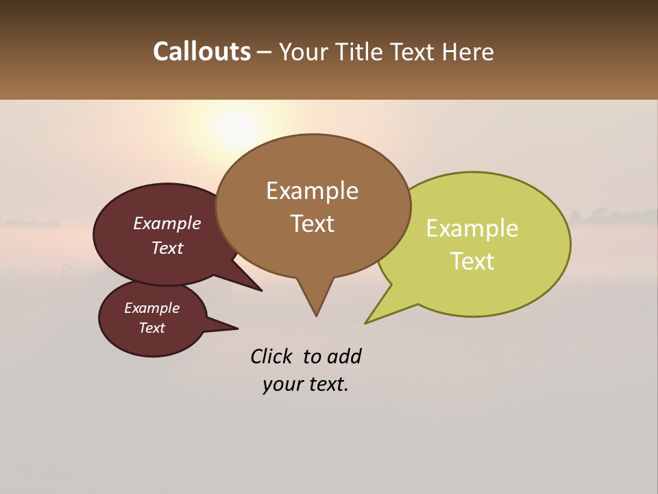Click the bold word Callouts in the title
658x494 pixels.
click(202, 51)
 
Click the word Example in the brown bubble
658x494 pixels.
click(312, 191)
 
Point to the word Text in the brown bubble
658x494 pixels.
click(312, 224)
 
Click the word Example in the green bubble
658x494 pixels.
click(472, 228)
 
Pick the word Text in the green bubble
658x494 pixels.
click(472, 261)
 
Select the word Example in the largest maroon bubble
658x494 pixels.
click(167, 224)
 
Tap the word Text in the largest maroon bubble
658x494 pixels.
click(167, 248)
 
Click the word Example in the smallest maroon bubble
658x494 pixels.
click(151, 308)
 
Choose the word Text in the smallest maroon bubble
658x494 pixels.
click(151, 328)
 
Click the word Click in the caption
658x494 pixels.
click(271, 356)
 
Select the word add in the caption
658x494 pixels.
click(345, 356)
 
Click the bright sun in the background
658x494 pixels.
click(236, 128)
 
